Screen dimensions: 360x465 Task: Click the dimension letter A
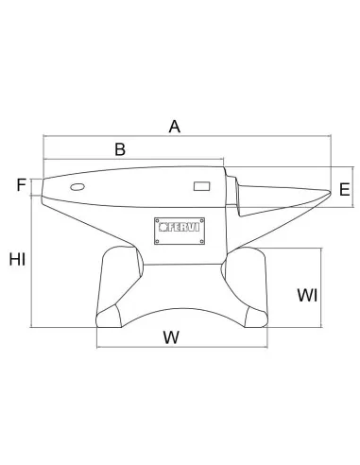(x=175, y=127)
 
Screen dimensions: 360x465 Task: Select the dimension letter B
(x=120, y=149)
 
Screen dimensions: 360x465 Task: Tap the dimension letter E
(x=345, y=189)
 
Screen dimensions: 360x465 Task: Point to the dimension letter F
(x=21, y=184)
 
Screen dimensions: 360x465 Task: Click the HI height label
(x=17, y=259)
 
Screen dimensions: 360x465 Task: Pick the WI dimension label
(x=307, y=295)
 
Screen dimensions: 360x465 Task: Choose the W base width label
(x=171, y=337)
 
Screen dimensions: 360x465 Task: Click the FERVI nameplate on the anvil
(x=180, y=231)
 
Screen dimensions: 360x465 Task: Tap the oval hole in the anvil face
(x=77, y=187)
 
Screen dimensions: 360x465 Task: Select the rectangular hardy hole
(x=201, y=186)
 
